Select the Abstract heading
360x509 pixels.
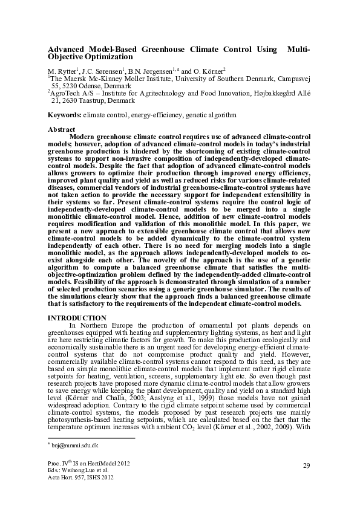tap(61, 129)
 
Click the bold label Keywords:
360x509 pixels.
tap(65, 114)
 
